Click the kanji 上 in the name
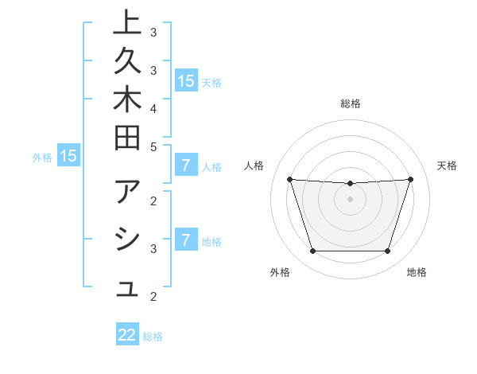[128, 25]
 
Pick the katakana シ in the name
[128, 241]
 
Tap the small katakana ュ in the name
[128, 290]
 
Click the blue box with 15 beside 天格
[186, 80]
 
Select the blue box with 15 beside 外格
[68, 156]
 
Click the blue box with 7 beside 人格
[186, 166]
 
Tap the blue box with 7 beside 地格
[186, 240]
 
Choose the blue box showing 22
[127, 335]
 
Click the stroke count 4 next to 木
[153, 107]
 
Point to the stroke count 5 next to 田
[153, 146]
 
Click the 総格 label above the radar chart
[351, 103]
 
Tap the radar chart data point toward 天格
[411, 179]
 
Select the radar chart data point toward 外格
[312, 251]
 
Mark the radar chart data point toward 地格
[388, 251]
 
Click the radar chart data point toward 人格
[289, 179]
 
